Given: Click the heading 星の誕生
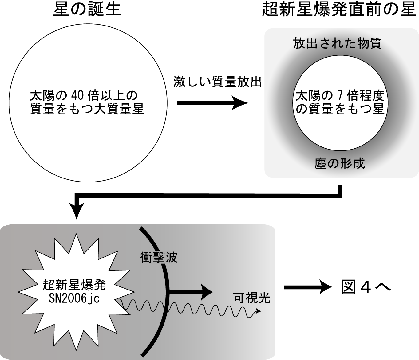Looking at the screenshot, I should tap(87, 9).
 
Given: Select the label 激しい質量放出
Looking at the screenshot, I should tap(217, 82).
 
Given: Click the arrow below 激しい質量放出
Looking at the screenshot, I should tap(212, 103).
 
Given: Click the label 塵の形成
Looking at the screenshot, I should tap(339, 163).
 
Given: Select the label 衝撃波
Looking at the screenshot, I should tap(159, 257).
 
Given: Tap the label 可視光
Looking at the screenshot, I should tap(252, 298).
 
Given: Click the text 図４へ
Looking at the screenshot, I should tap(366, 287).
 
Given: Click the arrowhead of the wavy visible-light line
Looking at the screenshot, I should tap(258, 311).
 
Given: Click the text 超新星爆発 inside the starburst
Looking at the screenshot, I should tap(74, 285).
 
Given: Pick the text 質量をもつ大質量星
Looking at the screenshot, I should tap(87, 109).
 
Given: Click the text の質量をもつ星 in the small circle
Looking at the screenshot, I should tap(340, 109).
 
